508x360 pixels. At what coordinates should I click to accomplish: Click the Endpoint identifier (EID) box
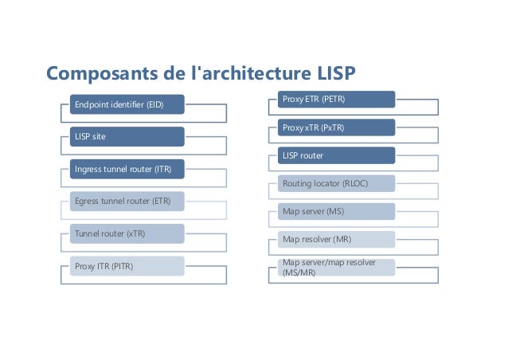[x=126, y=104]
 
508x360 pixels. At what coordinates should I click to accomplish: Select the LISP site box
[x=126, y=136]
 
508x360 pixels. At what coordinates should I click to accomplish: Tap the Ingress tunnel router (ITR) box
[x=126, y=169]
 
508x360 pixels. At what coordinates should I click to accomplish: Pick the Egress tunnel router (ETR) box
[x=126, y=201]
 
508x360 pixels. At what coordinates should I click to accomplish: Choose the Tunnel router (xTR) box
[x=126, y=233]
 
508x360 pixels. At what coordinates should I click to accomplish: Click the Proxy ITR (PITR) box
[x=126, y=265]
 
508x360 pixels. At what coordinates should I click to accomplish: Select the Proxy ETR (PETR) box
[x=335, y=99]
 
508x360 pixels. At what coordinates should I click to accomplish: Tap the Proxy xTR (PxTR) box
[x=335, y=127]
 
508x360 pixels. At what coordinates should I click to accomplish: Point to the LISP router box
[x=335, y=155]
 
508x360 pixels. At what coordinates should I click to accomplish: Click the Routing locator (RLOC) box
[x=335, y=184]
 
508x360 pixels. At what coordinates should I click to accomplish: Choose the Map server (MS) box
[x=335, y=212]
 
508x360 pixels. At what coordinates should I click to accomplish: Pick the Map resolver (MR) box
[x=335, y=240]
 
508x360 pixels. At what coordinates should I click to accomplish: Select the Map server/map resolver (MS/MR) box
[x=335, y=268]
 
